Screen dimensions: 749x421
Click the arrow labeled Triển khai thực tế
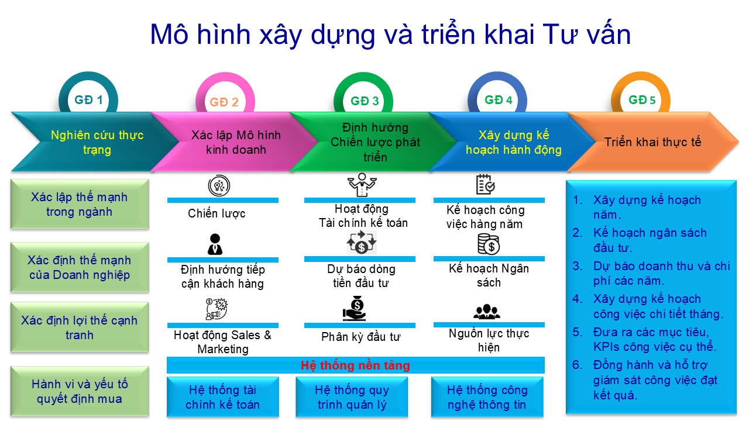click(652, 142)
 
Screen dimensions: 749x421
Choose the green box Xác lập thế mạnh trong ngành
click(80, 204)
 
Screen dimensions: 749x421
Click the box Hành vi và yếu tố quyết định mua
click(80, 391)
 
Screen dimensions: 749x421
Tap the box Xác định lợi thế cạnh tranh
click(80, 327)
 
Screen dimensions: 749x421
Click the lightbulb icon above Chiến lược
click(219, 185)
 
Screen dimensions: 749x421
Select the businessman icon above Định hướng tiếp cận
click(215, 244)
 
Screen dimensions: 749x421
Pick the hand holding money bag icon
click(355, 308)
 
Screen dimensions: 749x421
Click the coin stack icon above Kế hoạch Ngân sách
click(489, 244)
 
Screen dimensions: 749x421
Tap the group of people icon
click(487, 312)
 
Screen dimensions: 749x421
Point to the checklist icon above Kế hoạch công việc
click(486, 184)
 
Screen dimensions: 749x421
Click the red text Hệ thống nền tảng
click(355, 365)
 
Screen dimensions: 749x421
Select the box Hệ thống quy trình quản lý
click(352, 397)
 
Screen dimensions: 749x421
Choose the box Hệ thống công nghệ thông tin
click(487, 397)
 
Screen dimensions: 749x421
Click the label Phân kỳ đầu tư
click(360, 337)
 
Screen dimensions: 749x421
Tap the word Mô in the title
click(169, 34)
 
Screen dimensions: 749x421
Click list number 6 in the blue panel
click(578, 365)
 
